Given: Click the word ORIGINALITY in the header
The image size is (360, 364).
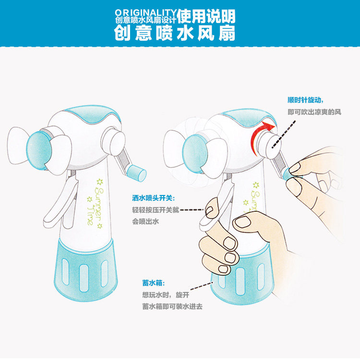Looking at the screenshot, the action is pyautogui.click(x=146, y=12).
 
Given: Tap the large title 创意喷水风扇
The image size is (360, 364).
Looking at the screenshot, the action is pyautogui.click(x=175, y=33).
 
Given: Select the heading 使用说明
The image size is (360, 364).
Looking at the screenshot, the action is pyautogui.click(x=206, y=16).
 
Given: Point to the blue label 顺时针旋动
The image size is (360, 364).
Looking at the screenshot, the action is pyautogui.click(x=305, y=100).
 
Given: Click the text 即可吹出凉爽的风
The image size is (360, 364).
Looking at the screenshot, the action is pyautogui.click(x=314, y=112).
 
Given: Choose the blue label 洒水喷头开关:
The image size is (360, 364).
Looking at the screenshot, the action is pyautogui.click(x=154, y=198).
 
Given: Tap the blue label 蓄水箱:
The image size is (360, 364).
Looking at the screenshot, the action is pyautogui.click(x=154, y=283).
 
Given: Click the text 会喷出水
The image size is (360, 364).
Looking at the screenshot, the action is pyautogui.click(x=145, y=221).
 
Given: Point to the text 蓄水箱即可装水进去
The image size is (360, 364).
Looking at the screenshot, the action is pyautogui.click(x=172, y=306).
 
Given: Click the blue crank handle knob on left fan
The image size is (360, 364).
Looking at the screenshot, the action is pyautogui.click(x=136, y=173).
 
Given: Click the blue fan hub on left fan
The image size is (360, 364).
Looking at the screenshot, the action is pyautogui.click(x=39, y=150).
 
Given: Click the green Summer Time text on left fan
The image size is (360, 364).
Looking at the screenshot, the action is pyautogui.click(x=95, y=204).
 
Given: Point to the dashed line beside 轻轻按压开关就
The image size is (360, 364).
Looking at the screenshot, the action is pyautogui.click(x=192, y=210).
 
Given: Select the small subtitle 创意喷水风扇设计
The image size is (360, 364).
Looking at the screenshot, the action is pyautogui.click(x=146, y=20).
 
